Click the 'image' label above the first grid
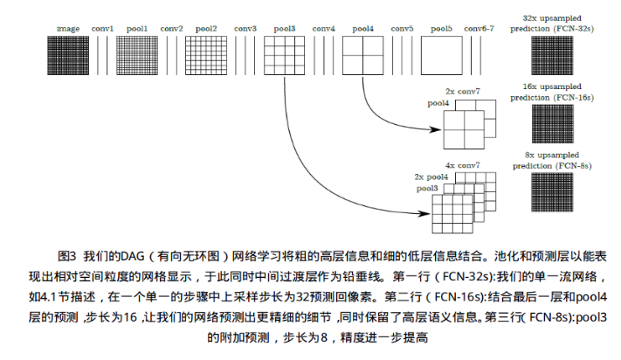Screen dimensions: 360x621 pos(69,29)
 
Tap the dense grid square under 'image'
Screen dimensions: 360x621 pos(69,59)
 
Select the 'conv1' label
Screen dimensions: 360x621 pos(105,29)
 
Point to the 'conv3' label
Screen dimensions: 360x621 pos(245,29)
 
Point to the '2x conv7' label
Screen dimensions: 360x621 pos(463,91)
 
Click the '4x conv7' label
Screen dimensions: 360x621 pos(462,165)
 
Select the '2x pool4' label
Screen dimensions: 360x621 pos(431,177)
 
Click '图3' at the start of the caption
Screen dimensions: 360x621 pos(68,257)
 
